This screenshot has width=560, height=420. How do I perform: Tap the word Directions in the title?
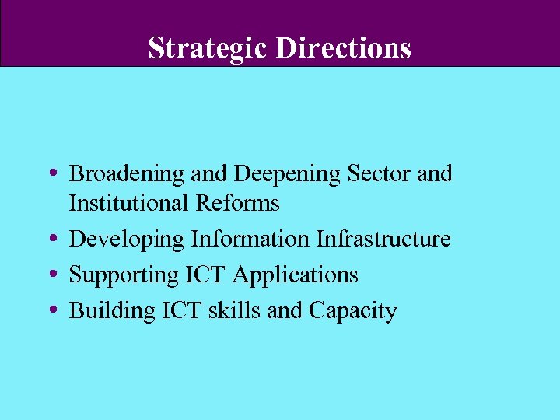(x=343, y=48)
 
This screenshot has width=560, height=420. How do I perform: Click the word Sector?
(x=373, y=173)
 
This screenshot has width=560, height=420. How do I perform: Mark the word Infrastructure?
(x=383, y=239)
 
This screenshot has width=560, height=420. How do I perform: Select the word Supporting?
(x=124, y=275)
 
